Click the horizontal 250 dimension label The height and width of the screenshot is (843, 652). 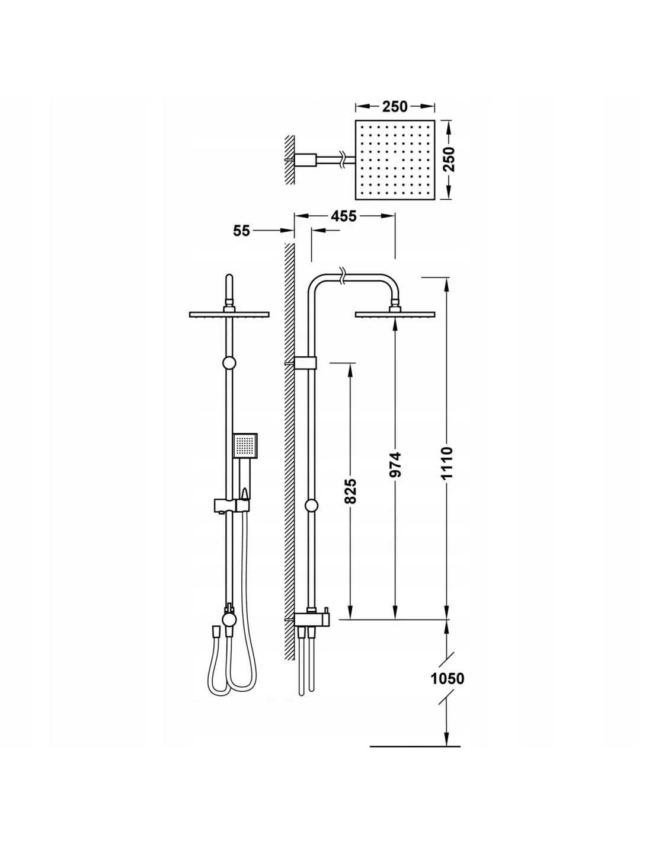click(x=395, y=107)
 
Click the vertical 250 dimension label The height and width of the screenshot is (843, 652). click(x=449, y=159)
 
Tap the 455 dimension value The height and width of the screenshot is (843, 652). click(x=343, y=216)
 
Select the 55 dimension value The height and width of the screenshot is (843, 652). click(x=241, y=231)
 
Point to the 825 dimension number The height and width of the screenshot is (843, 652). click(x=350, y=491)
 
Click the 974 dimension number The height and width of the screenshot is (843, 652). click(x=395, y=465)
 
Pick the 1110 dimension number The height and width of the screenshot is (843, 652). click(x=447, y=463)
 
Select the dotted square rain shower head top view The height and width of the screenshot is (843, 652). click(x=395, y=160)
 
